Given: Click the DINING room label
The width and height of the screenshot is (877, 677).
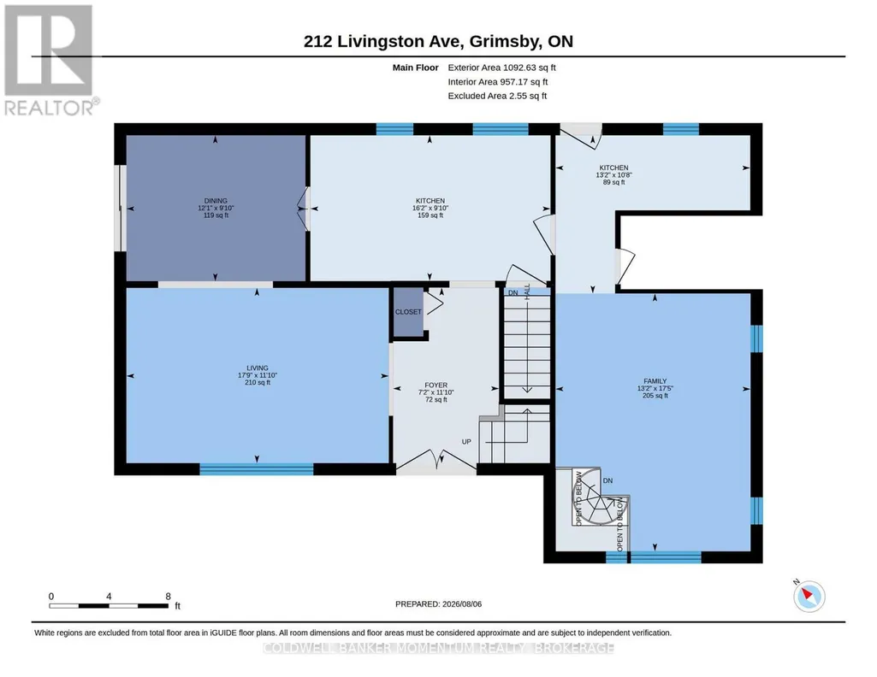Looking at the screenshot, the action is click(x=216, y=201).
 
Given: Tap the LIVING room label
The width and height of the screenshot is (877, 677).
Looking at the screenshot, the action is click(x=258, y=368).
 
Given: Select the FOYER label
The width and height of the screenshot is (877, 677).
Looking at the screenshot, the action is click(x=436, y=385).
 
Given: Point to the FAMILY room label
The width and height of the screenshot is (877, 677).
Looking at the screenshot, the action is click(x=655, y=381).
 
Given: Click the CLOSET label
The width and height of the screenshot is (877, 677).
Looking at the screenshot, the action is click(x=408, y=312).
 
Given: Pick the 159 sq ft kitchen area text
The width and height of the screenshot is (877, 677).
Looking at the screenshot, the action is click(x=430, y=215).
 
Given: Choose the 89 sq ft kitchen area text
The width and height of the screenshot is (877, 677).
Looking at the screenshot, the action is click(x=613, y=182).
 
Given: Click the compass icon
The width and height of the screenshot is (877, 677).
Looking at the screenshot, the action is click(x=809, y=596).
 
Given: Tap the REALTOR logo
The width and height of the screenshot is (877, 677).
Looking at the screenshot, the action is click(x=50, y=60).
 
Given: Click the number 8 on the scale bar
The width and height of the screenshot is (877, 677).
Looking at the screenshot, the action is click(x=168, y=596).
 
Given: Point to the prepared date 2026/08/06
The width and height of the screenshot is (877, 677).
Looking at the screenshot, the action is click(x=462, y=603).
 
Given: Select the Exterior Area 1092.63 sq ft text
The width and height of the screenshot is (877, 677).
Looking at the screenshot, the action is click(x=501, y=68).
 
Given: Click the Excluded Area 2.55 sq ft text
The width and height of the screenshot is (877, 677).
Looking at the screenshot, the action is click(x=497, y=96).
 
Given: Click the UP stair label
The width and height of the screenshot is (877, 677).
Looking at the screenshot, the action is click(x=466, y=441).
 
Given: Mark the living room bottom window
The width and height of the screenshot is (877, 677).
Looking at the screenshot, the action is click(x=256, y=469).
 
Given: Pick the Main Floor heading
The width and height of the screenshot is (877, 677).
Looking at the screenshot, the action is click(x=415, y=68).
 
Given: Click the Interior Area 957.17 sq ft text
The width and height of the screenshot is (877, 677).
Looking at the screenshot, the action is click(x=498, y=81).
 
